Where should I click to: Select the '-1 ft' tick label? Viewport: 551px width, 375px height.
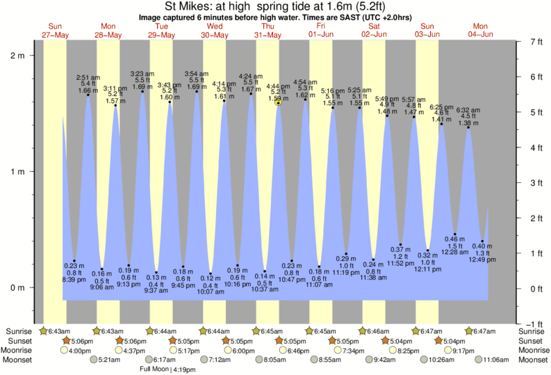click(533, 324)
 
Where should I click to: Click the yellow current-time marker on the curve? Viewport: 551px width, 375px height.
click(278, 102)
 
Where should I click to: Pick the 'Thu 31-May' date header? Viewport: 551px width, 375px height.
click(268, 30)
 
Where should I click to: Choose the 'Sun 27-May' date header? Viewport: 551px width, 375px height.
click(55, 30)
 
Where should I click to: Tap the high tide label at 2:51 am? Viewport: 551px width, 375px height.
click(88, 83)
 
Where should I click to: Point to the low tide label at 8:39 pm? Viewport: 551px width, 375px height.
click(74, 271)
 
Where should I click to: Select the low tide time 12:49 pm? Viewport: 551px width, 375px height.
click(482, 260)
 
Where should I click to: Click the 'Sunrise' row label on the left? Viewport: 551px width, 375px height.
click(18, 332)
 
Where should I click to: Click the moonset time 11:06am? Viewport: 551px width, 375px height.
click(496, 360)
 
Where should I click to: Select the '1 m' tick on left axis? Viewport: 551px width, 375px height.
click(19, 172)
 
